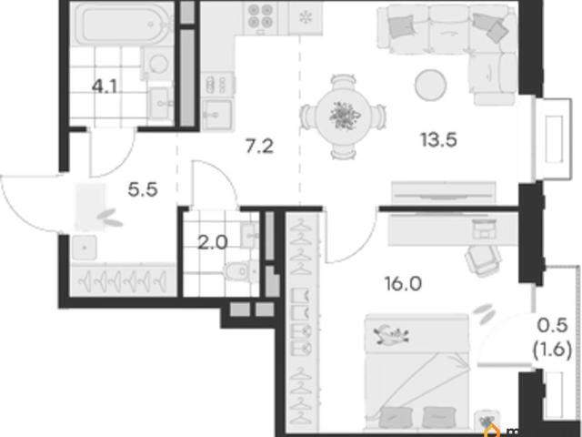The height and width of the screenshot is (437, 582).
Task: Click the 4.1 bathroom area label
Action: click(x=105, y=87)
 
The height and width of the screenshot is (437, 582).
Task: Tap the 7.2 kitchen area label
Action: click(x=260, y=146)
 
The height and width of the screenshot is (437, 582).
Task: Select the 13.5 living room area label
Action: click(x=438, y=140)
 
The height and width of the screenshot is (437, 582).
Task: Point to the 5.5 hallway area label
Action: click(x=143, y=190)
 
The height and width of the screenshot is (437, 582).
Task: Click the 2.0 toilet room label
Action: click(x=212, y=243)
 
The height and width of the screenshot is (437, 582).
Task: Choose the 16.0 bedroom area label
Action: click(x=403, y=284)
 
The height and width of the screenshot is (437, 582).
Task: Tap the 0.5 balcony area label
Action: click(x=553, y=326)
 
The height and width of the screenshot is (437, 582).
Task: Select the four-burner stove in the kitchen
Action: click(x=261, y=16)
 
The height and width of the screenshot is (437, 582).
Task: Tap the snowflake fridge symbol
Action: click(x=306, y=17)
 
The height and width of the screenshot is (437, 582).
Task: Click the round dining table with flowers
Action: click(x=345, y=116)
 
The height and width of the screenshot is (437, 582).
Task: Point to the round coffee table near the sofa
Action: click(x=430, y=85)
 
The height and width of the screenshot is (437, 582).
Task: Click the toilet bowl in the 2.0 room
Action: click(x=241, y=271)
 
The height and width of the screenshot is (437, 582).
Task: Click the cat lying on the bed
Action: click(x=391, y=333)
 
